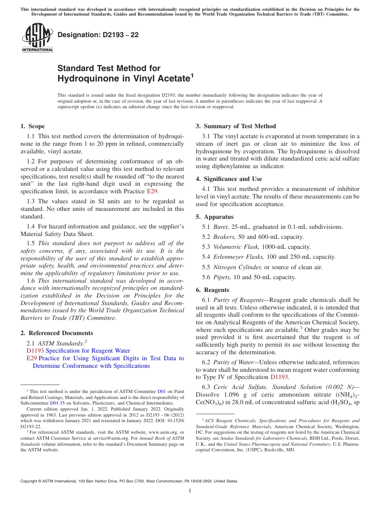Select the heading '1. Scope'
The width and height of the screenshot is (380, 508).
pyautogui.click(x=33, y=126)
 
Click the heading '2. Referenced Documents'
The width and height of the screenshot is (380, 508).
pyautogui.click(x=57, y=333)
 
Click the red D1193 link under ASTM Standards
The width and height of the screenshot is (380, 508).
pyautogui.click(x=35, y=351)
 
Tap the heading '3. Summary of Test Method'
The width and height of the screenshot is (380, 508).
pyautogui.click(x=236, y=126)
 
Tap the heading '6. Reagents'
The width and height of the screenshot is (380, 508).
pyautogui.click(x=212, y=290)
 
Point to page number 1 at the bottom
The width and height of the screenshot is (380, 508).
pyautogui.click(x=190, y=490)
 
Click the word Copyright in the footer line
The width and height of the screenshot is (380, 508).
pyautogui.click(x=30, y=481)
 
